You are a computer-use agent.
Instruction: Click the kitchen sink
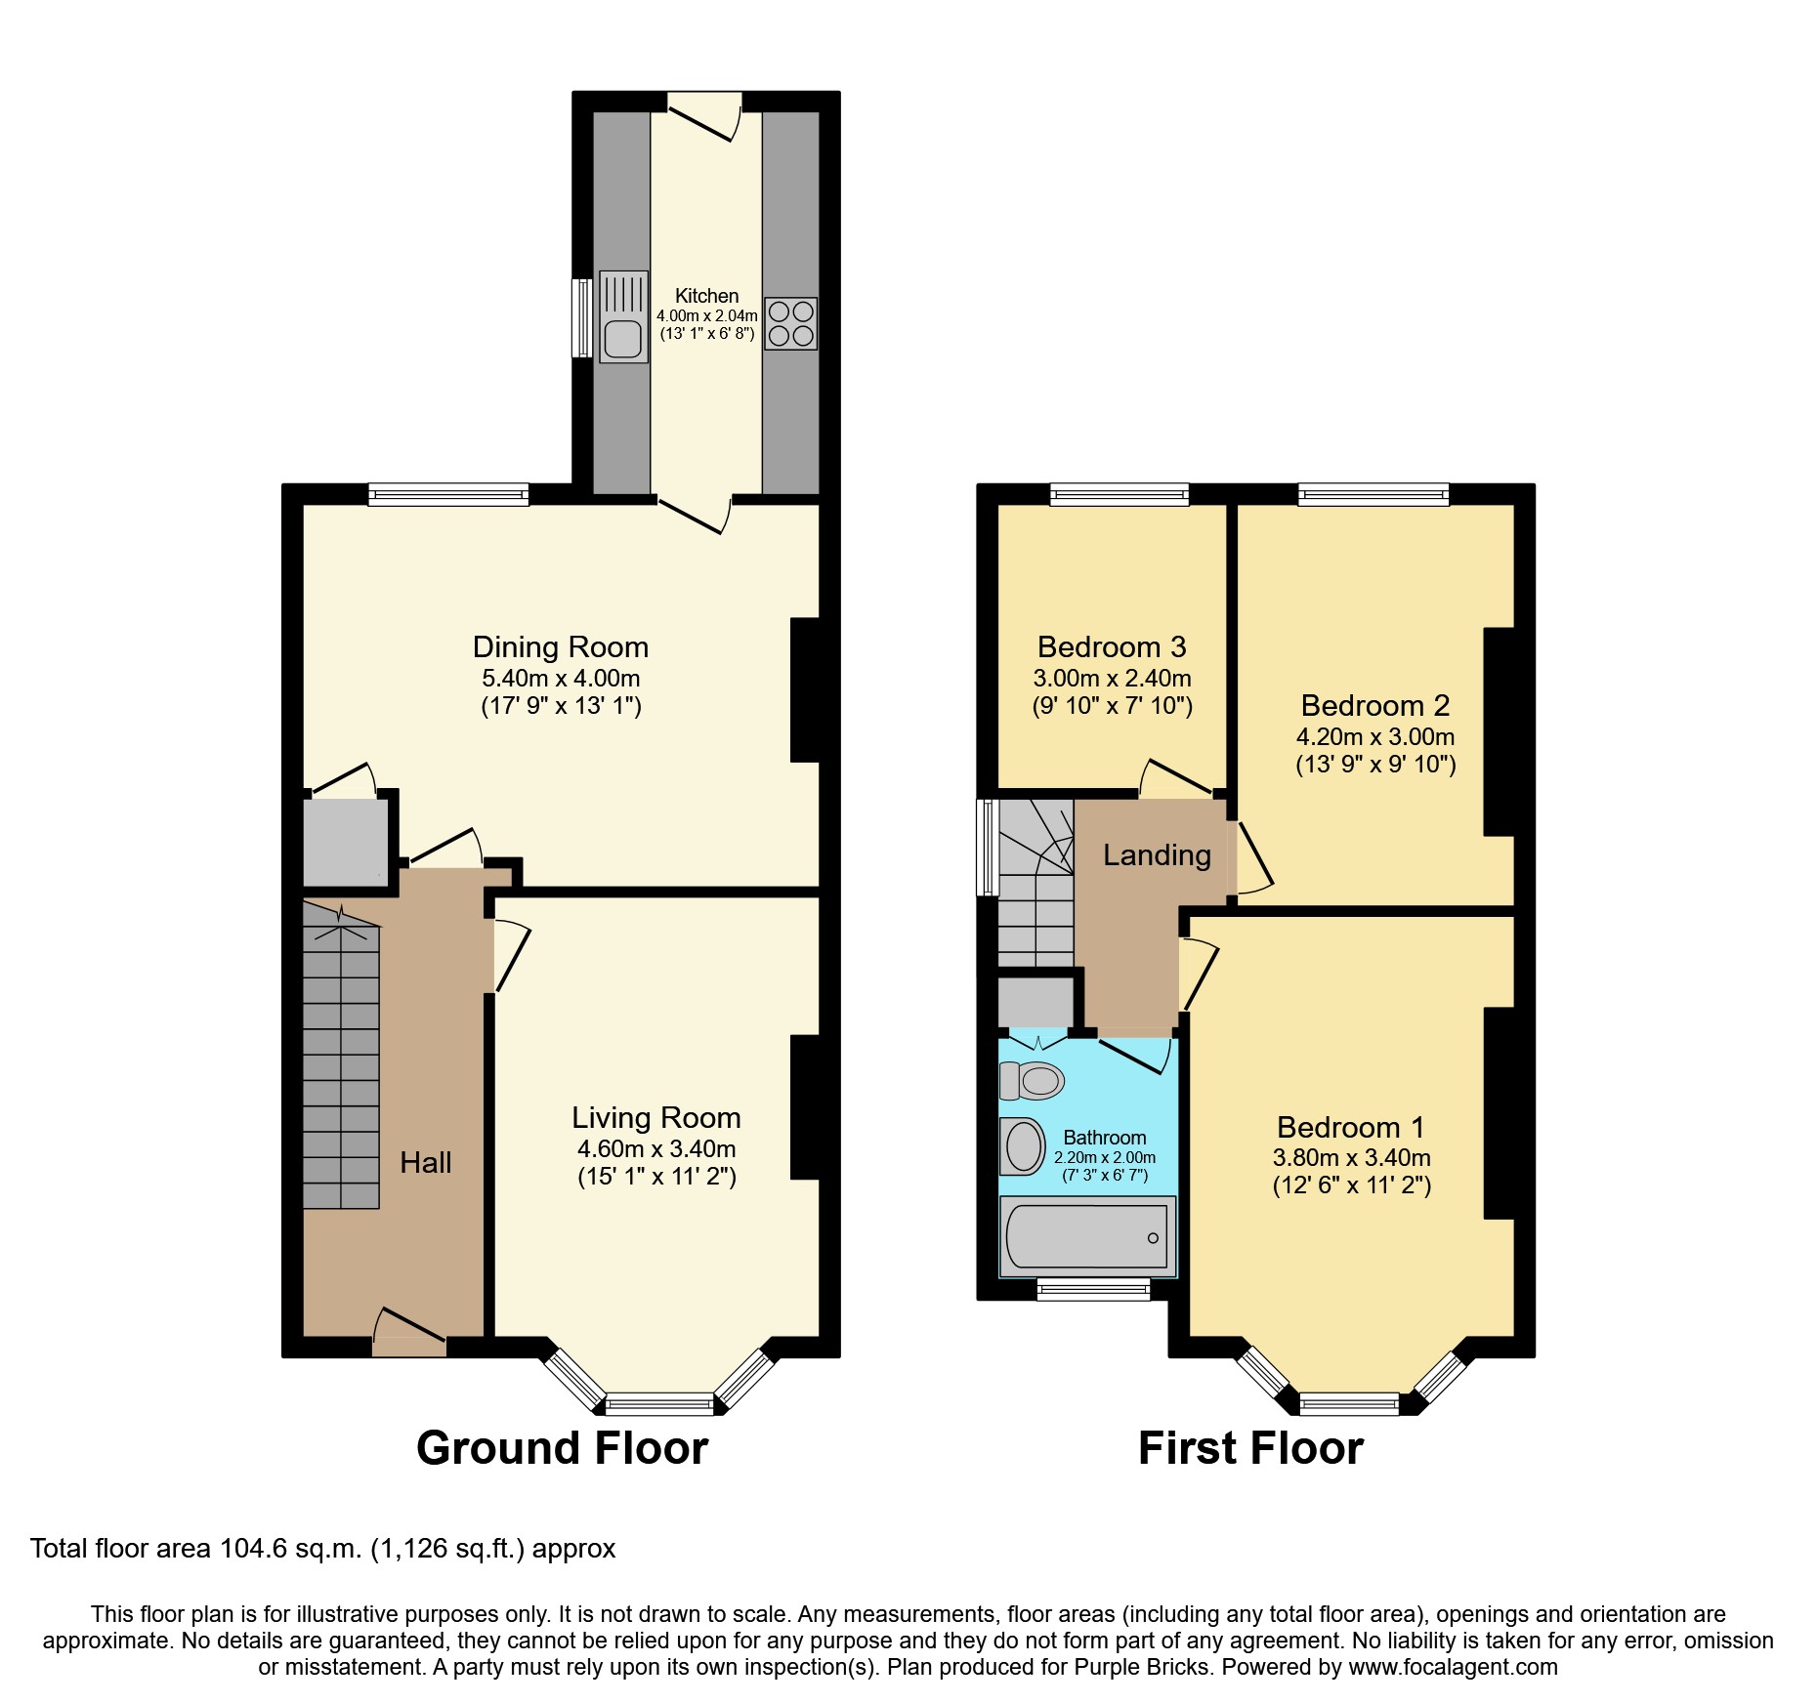[623, 318]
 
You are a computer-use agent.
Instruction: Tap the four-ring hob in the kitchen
[790, 324]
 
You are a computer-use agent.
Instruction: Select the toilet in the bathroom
[1032, 1081]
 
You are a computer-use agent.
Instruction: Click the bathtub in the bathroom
[1086, 1237]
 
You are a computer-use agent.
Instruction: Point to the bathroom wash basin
[1023, 1146]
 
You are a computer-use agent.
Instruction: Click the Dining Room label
[560, 647]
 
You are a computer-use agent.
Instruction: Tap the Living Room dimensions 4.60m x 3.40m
[655, 1149]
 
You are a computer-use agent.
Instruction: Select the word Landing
[1157, 855]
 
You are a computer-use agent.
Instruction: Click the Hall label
[425, 1163]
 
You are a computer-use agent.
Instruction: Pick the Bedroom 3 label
[1111, 647]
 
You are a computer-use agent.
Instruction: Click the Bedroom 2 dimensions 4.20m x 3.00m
[1374, 737]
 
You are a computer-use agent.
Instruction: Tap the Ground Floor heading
[562, 1448]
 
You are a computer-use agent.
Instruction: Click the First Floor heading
[1249, 1448]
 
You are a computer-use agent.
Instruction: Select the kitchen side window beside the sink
[581, 318]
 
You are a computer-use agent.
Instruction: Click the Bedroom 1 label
[1350, 1128]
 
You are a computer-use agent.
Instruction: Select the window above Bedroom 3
[1120, 495]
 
